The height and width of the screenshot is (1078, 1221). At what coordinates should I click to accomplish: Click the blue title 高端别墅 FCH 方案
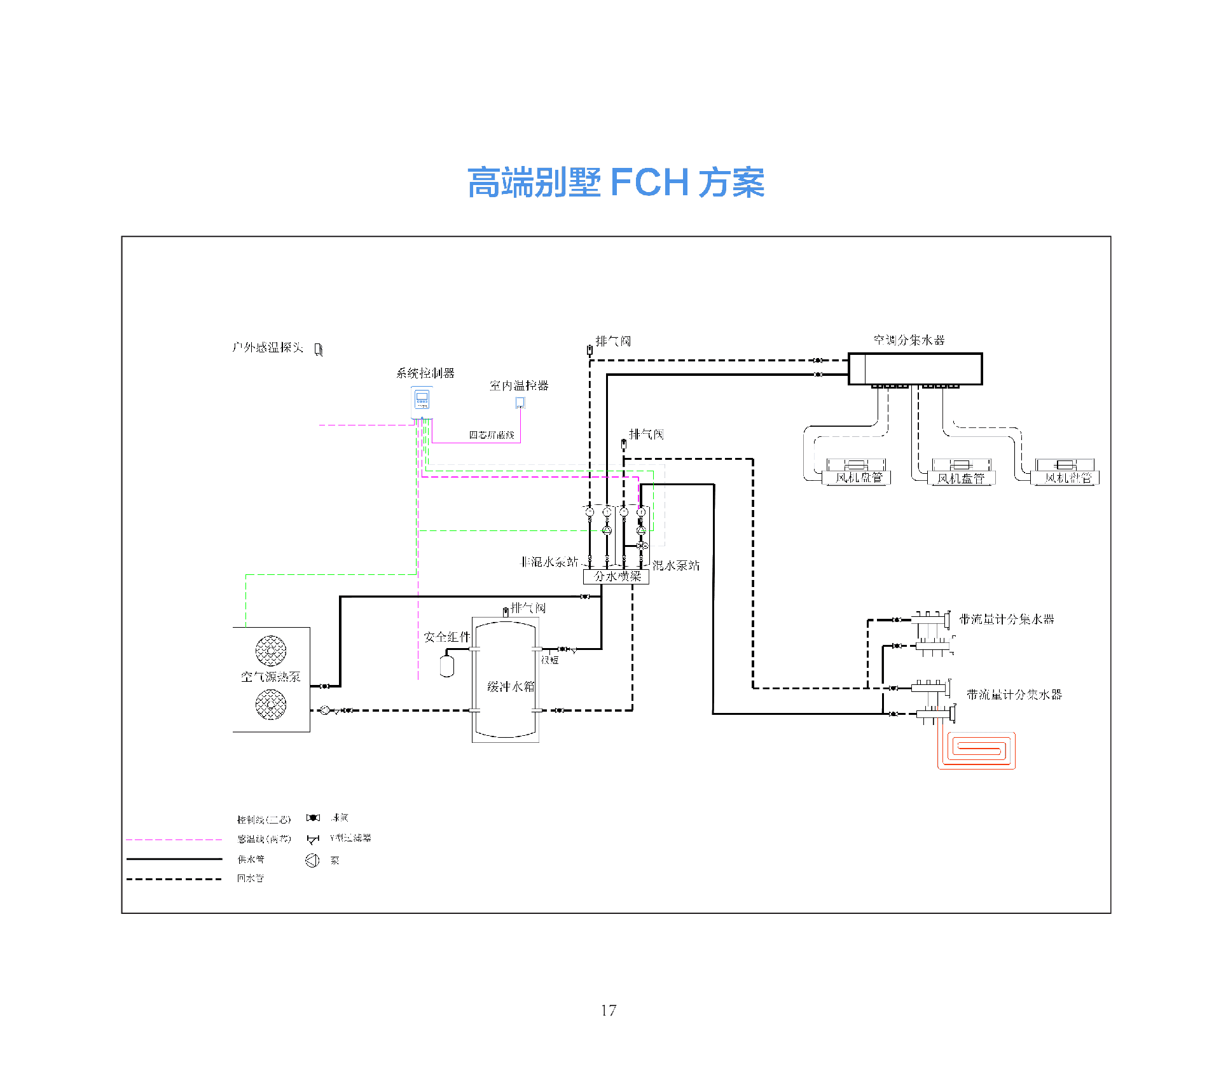(616, 183)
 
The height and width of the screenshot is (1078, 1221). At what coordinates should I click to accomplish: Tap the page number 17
(609, 1010)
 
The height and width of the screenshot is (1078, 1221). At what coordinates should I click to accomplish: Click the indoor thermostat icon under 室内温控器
(520, 403)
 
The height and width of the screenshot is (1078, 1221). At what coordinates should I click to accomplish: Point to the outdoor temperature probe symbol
(319, 349)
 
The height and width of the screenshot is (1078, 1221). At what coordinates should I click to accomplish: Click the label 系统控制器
(425, 373)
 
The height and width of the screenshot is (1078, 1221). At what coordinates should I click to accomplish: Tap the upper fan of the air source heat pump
(271, 650)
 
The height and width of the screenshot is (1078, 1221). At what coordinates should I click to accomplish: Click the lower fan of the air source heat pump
(271, 705)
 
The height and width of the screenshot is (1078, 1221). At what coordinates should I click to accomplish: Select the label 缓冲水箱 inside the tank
(511, 687)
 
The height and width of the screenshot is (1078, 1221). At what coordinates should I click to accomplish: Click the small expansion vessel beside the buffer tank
(446, 667)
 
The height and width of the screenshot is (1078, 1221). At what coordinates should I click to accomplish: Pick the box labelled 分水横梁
(616, 577)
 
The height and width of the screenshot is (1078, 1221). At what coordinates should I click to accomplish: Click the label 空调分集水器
(909, 340)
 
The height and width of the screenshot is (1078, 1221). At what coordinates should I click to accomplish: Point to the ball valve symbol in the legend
(313, 818)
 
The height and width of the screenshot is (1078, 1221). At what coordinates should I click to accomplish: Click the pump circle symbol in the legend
(312, 860)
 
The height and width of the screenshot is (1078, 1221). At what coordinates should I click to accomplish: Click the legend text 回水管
(250, 879)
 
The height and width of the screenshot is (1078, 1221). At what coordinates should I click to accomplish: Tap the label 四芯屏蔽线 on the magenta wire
(492, 435)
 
